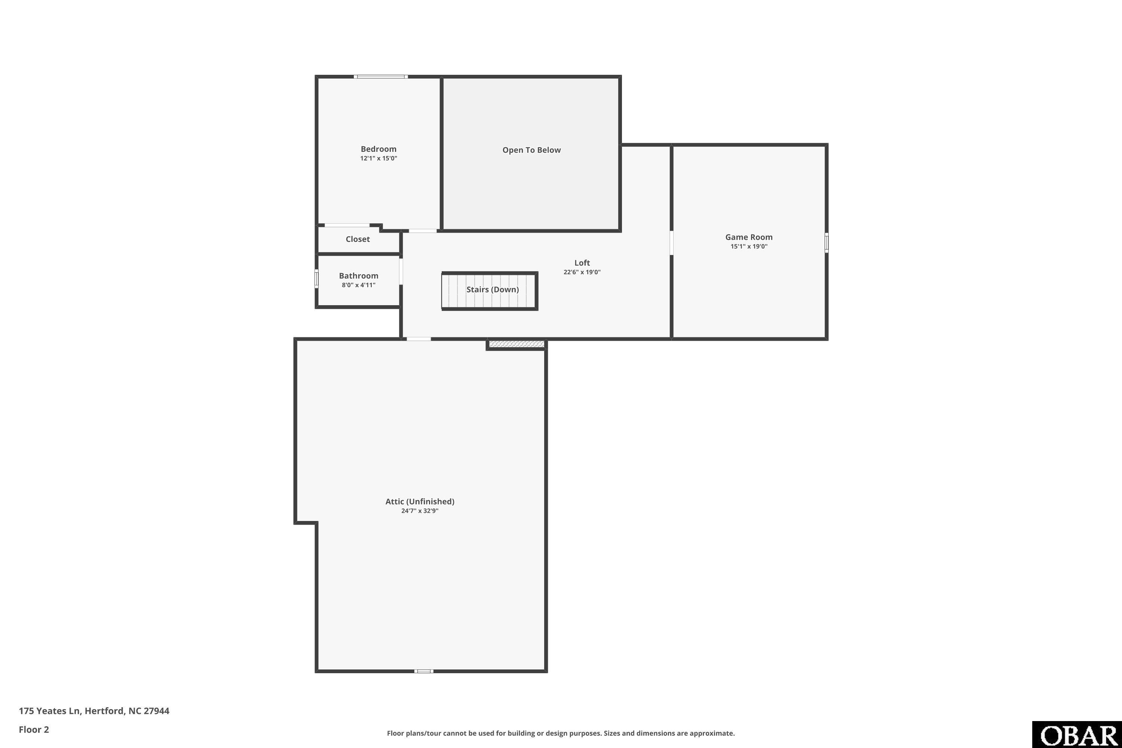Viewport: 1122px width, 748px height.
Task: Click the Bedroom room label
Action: [x=378, y=149]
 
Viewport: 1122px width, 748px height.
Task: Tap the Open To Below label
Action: [x=531, y=150]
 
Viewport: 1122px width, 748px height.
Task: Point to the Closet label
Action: [x=358, y=239]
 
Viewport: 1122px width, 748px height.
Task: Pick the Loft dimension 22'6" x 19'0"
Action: [x=582, y=272]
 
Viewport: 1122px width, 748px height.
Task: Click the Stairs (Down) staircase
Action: [x=490, y=291]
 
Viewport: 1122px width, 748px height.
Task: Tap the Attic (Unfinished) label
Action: [x=420, y=502]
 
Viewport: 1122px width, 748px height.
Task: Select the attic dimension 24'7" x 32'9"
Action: [x=420, y=511]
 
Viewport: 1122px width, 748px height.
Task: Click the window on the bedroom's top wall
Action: [x=381, y=76]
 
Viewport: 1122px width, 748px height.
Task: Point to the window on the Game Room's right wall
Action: [x=827, y=242]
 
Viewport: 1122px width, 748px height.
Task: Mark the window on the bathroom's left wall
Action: [x=316, y=279]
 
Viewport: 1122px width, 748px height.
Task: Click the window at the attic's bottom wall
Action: [x=424, y=671]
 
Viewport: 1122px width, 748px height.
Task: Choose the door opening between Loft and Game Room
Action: [x=671, y=243]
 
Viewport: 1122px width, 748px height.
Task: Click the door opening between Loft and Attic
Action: [x=419, y=339]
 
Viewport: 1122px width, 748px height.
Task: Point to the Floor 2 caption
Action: [x=34, y=729]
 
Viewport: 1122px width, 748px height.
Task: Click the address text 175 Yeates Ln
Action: [x=49, y=711]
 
